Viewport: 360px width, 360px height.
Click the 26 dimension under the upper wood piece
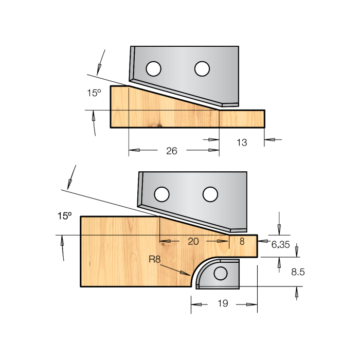[x=172, y=151]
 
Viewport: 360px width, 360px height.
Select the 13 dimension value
[x=242, y=142]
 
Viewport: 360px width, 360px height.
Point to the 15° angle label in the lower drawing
[x=64, y=217]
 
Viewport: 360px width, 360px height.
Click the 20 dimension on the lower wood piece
[x=193, y=241]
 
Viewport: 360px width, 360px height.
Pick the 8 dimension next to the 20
[x=241, y=241]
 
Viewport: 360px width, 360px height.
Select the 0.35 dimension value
[x=280, y=245]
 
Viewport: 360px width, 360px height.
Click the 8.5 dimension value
[x=298, y=272]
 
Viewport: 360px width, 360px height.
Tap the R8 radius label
[x=155, y=260]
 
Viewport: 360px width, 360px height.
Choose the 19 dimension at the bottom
[x=223, y=304]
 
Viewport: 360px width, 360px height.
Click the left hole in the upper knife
[x=153, y=68]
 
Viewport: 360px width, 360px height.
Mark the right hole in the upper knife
[x=201, y=68]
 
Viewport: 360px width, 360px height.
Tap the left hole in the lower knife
[x=161, y=194]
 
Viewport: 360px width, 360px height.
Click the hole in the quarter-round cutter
[x=221, y=274]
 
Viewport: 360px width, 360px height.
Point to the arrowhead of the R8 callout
[x=190, y=277]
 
